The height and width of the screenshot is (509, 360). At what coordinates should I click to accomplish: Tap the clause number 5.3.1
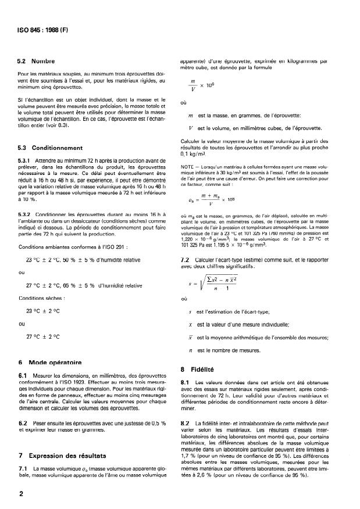(x=26, y=160)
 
